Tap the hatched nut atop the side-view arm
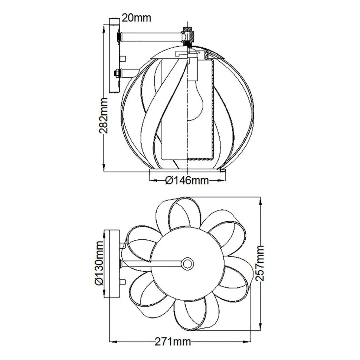coord(189,35)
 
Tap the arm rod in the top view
coord(152,263)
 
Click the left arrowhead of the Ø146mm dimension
coord(152,181)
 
